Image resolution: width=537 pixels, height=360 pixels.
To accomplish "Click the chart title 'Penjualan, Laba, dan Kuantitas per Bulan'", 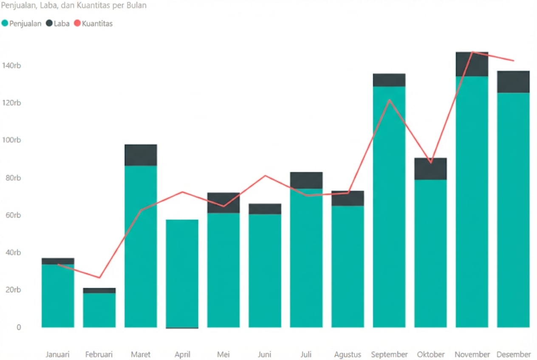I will [x=74, y=6].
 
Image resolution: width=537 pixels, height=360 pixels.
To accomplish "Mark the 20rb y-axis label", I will [x=12, y=290].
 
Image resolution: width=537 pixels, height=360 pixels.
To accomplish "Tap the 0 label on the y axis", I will [x=18, y=327].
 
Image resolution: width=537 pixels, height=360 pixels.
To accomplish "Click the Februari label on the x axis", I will [x=99, y=354].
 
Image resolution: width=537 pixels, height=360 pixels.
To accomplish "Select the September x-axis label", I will [x=389, y=354].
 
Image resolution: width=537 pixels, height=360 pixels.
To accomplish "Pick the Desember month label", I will [x=513, y=354].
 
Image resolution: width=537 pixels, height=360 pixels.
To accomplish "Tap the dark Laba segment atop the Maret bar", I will [x=141, y=155].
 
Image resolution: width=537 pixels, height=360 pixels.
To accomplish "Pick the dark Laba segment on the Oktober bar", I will [x=430, y=169].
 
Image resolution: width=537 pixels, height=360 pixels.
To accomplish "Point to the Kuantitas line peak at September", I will [x=389, y=100].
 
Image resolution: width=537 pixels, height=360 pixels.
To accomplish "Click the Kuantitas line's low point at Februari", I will [x=99, y=278].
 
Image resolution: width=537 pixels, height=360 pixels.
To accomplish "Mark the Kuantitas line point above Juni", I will [x=265, y=175].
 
